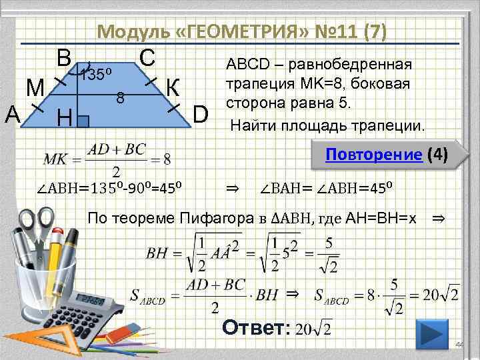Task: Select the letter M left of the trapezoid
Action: click(35, 87)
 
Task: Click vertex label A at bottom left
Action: click(12, 114)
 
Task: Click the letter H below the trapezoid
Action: click(65, 119)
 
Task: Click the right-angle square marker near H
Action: click(84, 121)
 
